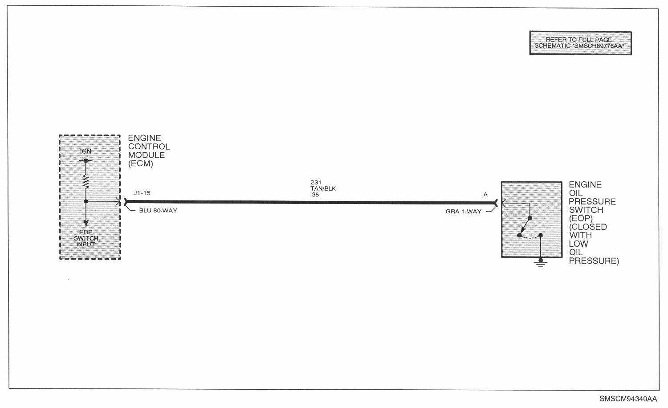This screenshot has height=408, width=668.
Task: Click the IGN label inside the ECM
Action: click(86, 151)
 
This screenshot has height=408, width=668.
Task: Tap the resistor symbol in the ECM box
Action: click(86, 181)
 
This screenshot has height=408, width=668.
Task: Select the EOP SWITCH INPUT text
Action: click(86, 238)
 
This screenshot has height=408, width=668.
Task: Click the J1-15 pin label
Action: click(142, 193)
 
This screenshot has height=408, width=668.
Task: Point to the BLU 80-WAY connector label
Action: click(158, 210)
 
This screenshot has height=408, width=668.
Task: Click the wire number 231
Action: click(316, 183)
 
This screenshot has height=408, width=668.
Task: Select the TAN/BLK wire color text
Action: click(323, 188)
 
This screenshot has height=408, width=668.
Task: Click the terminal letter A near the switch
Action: click(485, 195)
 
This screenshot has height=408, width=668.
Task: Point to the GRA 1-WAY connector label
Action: click(463, 212)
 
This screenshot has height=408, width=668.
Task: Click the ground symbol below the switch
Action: click(540, 264)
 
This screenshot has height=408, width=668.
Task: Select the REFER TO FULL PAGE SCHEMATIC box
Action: click(580, 43)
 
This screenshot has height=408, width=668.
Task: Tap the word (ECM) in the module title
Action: click(141, 163)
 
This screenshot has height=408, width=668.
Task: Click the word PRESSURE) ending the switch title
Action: click(594, 261)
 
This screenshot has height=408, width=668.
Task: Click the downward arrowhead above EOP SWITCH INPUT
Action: click(86, 222)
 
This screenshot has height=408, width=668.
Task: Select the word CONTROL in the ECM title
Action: click(149, 147)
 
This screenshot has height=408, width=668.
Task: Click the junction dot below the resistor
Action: click(86, 202)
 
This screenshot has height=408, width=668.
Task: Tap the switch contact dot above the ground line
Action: click(540, 235)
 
